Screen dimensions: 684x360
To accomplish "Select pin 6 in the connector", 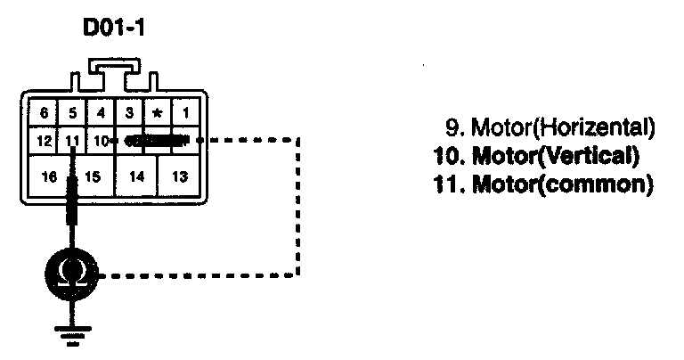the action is [43, 113].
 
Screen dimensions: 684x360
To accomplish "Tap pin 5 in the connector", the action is [72, 113].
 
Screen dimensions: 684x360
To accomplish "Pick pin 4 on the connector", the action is [101, 113].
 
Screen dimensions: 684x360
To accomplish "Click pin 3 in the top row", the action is [129, 113].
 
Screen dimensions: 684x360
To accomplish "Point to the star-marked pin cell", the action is [158, 113].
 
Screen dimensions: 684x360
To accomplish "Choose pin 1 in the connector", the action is [185, 113].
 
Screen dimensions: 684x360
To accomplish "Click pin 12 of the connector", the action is [43, 141].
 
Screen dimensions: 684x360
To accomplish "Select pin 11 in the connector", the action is [72, 141].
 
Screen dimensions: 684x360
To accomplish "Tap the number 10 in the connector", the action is [101, 141].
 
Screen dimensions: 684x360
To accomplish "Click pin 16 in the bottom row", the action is [49, 177].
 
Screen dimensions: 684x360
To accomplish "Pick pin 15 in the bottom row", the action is [93, 177].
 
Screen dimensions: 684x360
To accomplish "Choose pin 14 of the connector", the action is [135, 177].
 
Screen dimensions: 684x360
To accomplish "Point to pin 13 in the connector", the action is [180, 177].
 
